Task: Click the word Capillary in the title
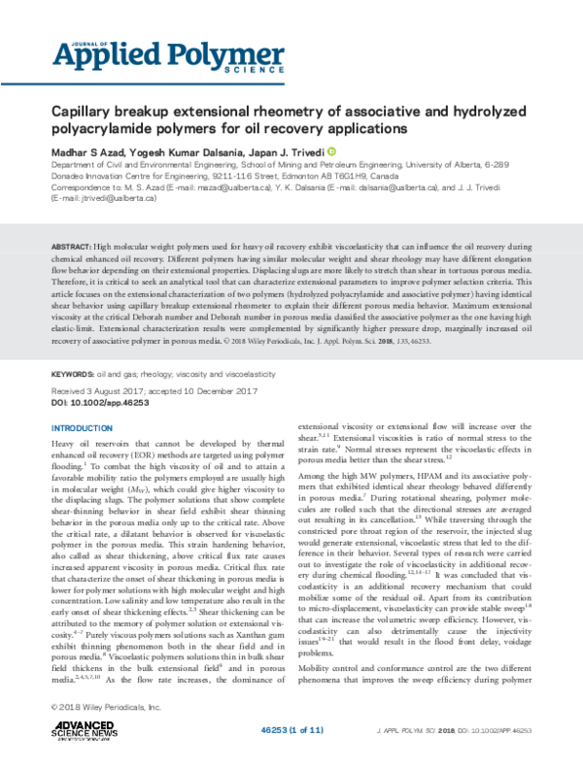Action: click(85, 112)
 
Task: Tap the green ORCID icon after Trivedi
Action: click(331, 151)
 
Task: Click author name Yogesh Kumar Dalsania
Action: click(193, 151)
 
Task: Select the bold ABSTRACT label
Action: click(73, 249)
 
